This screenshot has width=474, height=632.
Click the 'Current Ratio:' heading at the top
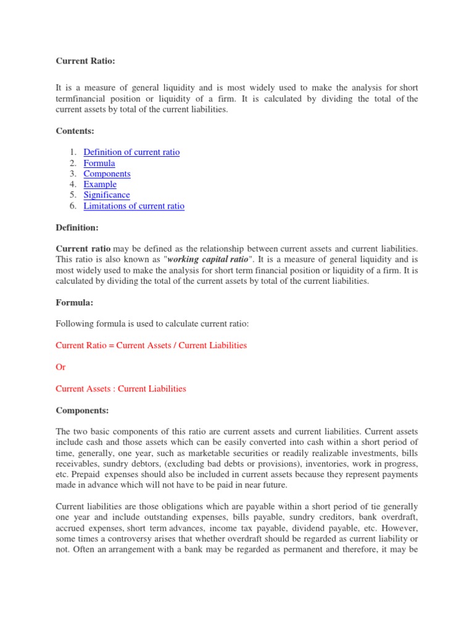[x=81, y=61]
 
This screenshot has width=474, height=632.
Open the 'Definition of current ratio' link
[x=131, y=152]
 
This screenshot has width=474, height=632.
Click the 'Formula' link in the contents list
[x=99, y=163]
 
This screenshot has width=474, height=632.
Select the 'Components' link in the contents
[x=107, y=173]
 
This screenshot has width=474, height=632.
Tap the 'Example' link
[x=100, y=184]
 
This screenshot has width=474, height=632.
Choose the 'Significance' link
[x=107, y=195]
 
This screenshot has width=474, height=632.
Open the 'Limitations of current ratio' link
[x=134, y=206]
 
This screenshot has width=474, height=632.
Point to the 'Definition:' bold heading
[x=77, y=228]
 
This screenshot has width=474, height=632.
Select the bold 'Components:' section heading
[x=82, y=410]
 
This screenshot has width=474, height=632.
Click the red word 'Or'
[x=60, y=367]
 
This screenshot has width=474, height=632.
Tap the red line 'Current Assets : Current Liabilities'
[x=121, y=389]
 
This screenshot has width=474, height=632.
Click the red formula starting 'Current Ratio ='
[x=151, y=345]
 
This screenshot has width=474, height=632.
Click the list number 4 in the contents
[x=72, y=184]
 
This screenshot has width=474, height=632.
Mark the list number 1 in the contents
[x=72, y=152]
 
